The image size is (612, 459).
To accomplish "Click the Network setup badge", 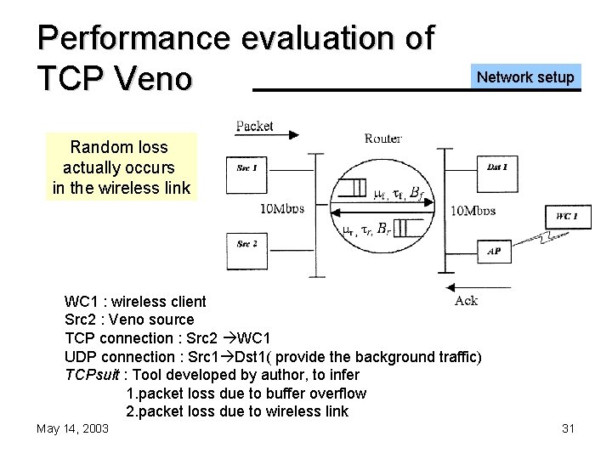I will coord(525,77).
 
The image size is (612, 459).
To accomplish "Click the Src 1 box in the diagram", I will coord(246,168).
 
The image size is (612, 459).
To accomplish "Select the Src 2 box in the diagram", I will coord(246,245).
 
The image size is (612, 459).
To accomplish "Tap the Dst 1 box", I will coord(497,168).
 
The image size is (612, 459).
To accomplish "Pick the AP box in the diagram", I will coord(494,252).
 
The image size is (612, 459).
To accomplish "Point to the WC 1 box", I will coord(567,217).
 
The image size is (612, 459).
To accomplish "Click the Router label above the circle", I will coord(382,138).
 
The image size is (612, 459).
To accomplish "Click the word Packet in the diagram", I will coord(254,127).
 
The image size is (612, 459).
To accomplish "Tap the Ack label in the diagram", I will coord(466,300).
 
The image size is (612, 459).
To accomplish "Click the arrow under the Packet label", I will coord(267,134).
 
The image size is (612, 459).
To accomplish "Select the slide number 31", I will coord(569,428).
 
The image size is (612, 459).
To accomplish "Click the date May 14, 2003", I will coord(72,428).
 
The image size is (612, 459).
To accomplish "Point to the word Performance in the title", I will coord(133,37).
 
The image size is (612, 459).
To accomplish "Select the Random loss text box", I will coord(122,167).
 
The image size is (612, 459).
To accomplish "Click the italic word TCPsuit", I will coord(93,375).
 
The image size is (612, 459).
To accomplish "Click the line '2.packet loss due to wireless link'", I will coord(237,411).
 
